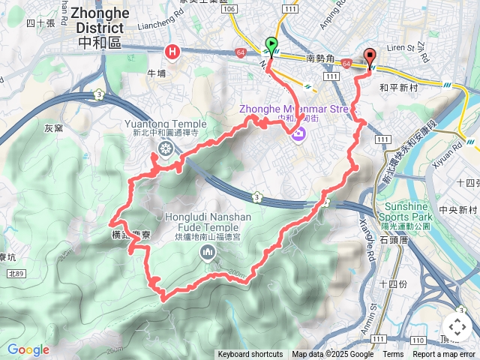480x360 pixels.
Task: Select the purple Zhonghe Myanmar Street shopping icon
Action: point(298,134)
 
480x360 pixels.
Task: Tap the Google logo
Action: point(28,349)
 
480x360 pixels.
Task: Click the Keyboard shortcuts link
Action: point(250,355)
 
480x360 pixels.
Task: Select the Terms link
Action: point(393,355)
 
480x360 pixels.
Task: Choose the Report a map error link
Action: point(445,355)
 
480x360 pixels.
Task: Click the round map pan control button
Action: point(457,326)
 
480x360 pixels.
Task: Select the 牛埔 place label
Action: point(156,73)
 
